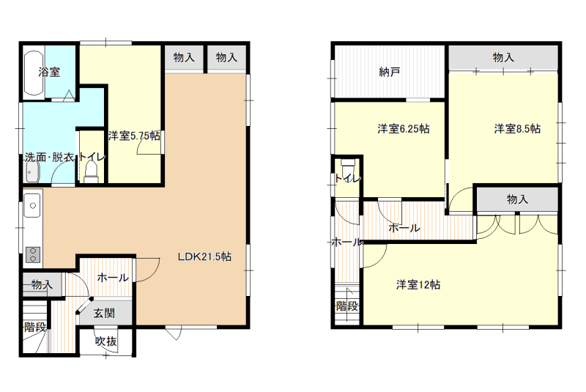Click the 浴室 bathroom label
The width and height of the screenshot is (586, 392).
click(x=49, y=72)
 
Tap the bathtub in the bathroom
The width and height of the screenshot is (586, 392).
click(x=34, y=73)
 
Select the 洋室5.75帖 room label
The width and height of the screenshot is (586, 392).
click(x=135, y=136)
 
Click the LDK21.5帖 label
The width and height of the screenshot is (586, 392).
click(x=204, y=256)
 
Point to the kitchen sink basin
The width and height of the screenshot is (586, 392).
click(x=32, y=205)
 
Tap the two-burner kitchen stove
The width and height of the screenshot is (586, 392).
click(x=33, y=255)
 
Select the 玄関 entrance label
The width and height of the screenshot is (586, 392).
click(x=104, y=313)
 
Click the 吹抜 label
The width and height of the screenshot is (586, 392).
click(x=106, y=341)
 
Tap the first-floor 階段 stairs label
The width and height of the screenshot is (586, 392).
click(x=35, y=328)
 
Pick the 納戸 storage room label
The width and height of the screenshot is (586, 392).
click(x=390, y=72)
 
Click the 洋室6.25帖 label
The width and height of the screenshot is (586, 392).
click(x=404, y=129)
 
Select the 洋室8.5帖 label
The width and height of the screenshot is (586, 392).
click(x=517, y=129)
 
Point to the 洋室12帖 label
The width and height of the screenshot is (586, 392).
click(x=418, y=285)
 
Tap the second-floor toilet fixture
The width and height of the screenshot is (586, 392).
click(x=348, y=164)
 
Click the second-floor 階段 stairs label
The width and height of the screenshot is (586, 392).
click(x=347, y=306)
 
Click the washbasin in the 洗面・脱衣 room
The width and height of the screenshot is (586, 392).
click(x=32, y=174)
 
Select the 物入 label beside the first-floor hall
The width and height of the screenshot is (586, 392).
click(x=42, y=285)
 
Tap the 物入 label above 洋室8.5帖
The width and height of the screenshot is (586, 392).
click(x=503, y=58)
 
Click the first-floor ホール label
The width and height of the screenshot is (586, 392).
click(x=113, y=278)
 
